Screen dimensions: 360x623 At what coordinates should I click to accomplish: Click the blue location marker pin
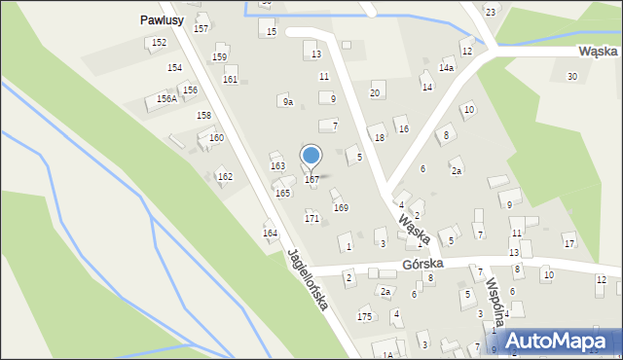pos(311,156)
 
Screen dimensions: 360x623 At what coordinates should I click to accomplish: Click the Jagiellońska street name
pos(307,279)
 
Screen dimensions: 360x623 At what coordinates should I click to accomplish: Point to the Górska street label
pos(422,264)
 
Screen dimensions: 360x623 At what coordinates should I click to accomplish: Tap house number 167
pos(311,180)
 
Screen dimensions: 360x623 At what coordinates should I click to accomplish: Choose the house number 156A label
pos(166,99)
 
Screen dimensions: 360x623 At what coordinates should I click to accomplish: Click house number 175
pos(365,316)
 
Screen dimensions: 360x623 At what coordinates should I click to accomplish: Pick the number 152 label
pos(159,43)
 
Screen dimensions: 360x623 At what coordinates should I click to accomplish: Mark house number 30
pos(572,76)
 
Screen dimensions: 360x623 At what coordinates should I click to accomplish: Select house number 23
pos(491,12)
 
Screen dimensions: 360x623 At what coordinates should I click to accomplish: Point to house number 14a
pos(446,68)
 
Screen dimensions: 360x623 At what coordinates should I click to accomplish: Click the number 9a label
pos(287,101)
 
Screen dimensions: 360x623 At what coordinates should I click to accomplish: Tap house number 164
pos(270,233)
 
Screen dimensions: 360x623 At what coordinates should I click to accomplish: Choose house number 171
pos(311,218)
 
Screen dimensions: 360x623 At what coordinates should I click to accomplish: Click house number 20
pos(375,93)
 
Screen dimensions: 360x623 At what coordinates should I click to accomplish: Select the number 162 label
pos(225,177)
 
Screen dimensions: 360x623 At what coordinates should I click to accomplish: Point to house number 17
pos(569,242)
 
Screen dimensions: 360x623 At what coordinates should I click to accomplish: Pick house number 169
pos(341,207)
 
